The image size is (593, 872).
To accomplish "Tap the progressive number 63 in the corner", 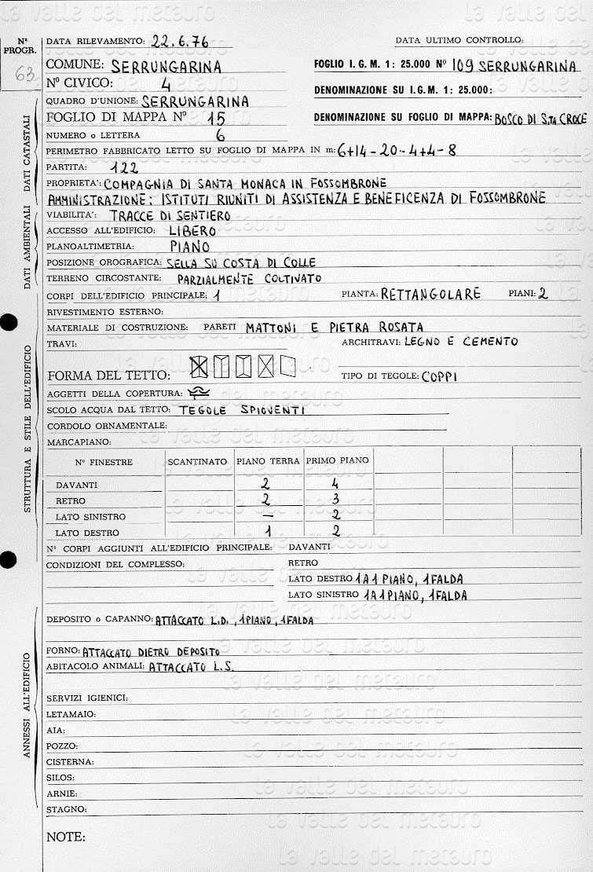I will pos(24,75).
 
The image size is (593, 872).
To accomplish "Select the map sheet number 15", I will pos(218,118).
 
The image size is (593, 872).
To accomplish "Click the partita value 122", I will pos(125,167).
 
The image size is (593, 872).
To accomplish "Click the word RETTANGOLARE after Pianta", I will pos(430,295).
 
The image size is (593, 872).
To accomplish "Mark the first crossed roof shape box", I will pos(199,365).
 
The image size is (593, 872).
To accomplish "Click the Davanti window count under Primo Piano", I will pos(335,484).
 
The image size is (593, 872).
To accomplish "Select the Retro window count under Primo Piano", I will pos(335,500).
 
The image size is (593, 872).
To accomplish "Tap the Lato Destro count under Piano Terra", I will pos(268,532).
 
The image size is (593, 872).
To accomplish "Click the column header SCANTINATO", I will pos(197,461).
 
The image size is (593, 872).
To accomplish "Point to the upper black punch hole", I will pos(8,323).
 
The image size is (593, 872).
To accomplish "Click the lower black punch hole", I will pos(8,560).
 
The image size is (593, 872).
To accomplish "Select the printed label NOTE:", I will pos(64,837).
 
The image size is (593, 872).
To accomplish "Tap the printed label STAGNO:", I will pos(66,808).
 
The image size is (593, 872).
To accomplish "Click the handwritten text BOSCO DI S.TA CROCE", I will pos(540,119).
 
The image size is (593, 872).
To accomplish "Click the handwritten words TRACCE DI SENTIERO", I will pos(170,215).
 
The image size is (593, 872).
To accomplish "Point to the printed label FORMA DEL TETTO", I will pos(108,375).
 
